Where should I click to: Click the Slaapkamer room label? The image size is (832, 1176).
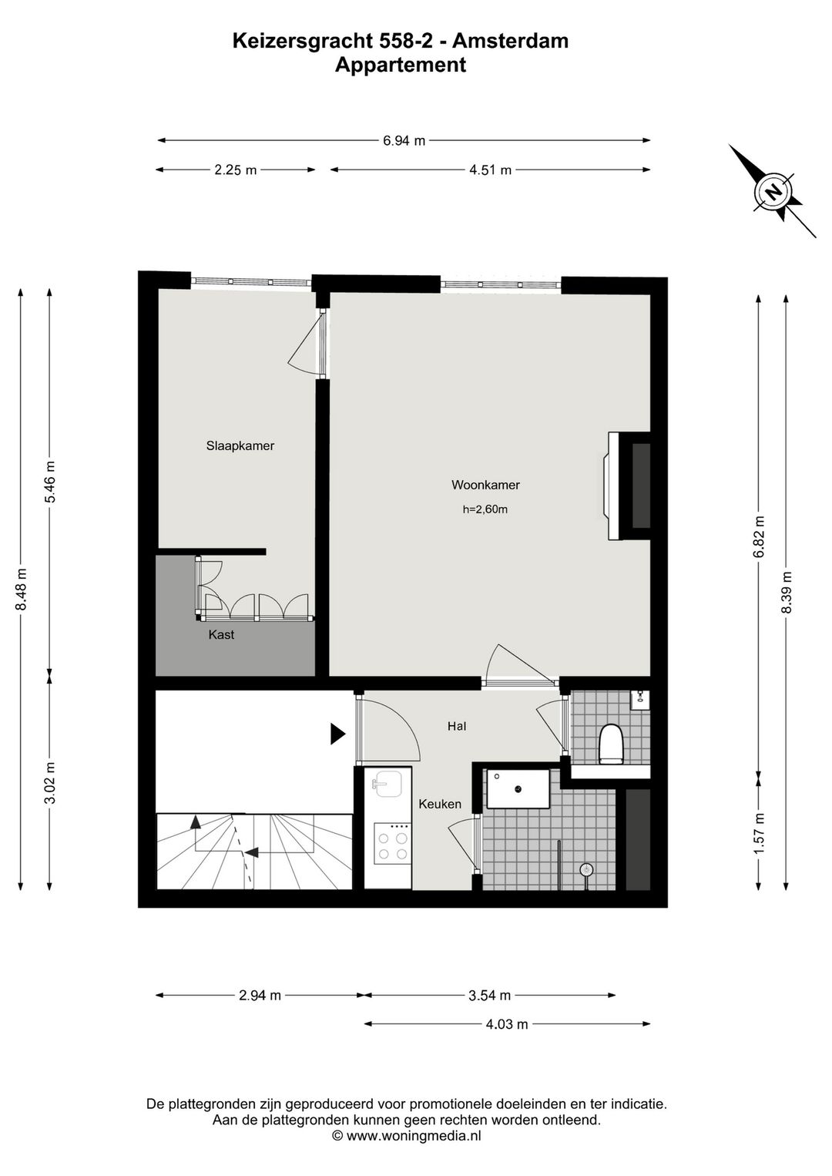(x=240, y=445)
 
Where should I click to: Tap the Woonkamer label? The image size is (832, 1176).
(x=485, y=485)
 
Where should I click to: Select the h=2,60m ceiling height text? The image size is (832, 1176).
(x=485, y=509)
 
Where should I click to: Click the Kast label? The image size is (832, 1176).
(x=221, y=635)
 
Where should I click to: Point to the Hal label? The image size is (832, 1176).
(x=457, y=726)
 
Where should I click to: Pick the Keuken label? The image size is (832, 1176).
(x=440, y=804)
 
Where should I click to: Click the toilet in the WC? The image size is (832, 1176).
(x=611, y=743)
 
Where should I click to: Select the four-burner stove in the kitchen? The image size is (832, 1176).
(x=391, y=844)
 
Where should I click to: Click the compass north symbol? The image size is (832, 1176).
(x=773, y=190)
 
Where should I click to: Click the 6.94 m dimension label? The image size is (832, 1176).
(x=404, y=140)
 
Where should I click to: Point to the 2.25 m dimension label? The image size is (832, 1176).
(x=235, y=170)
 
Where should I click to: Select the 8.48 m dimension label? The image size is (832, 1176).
(x=22, y=590)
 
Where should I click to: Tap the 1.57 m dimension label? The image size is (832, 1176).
(x=760, y=833)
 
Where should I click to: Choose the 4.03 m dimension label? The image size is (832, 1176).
(x=507, y=1024)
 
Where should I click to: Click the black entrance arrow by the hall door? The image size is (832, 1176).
(x=337, y=734)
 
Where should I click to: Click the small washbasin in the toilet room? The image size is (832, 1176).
(x=639, y=699)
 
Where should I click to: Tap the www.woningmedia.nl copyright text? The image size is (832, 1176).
(x=407, y=1136)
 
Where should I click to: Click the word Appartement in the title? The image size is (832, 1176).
(x=400, y=65)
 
